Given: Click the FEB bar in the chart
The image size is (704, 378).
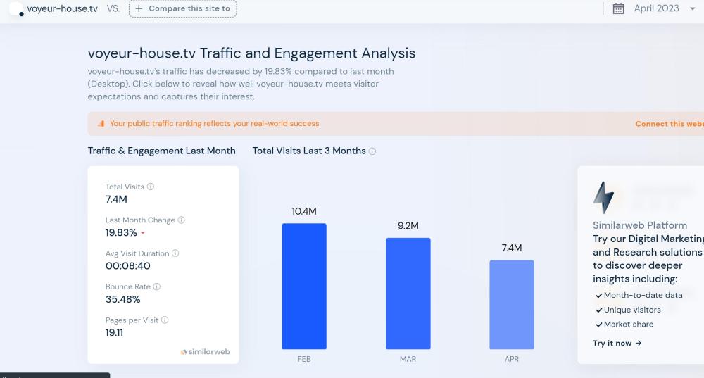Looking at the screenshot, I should pyautogui.click(x=304, y=286).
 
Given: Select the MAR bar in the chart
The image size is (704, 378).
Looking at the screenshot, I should pyautogui.click(x=408, y=293).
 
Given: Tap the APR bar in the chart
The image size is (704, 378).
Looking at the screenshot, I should pyautogui.click(x=512, y=304).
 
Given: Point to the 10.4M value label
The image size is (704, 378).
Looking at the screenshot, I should pyautogui.click(x=304, y=211).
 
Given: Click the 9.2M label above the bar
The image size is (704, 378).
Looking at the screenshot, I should pyautogui.click(x=408, y=226).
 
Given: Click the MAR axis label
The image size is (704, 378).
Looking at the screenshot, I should pyautogui.click(x=408, y=359).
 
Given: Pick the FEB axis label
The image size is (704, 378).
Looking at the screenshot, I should pyautogui.click(x=304, y=359).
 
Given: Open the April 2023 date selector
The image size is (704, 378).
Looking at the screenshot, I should pyautogui.click(x=656, y=8).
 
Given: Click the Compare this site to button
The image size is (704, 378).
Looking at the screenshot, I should pyautogui.click(x=183, y=8).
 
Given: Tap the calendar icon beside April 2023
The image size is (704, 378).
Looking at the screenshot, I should pyautogui.click(x=619, y=8).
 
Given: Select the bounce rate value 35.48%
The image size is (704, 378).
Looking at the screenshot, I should pyautogui.click(x=123, y=299).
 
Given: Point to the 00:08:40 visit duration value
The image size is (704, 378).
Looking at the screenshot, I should pyautogui.click(x=127, y=266).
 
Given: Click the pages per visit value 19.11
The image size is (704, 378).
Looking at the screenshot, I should pyautogui.click(x=114, y=332).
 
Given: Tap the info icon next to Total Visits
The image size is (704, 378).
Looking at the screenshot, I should pyautogui.click(x=151, y=187).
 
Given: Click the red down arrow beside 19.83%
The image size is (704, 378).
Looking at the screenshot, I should pyautogui.click(x=143, y=233).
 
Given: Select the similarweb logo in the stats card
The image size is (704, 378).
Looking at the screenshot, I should pyautogui.click(x=206, y=351).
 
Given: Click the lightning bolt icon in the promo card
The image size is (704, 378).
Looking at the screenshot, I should pyautogui.click(x=603, y=198).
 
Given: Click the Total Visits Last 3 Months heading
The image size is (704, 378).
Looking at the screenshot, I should pyautogui.click(x=309, y=151).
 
